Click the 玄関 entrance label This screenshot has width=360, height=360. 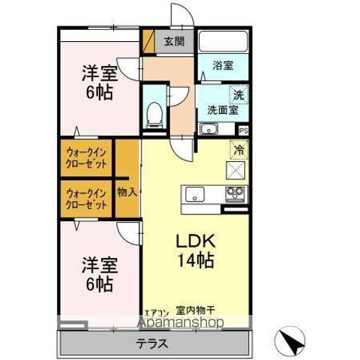click(175, 41)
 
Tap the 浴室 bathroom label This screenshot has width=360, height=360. click(222, 66)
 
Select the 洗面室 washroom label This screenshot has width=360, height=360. click(223, 110)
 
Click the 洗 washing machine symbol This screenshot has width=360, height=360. click(238, 94)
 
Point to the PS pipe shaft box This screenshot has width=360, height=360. click(242, 130)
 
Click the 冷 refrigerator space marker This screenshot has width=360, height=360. click(238, 150)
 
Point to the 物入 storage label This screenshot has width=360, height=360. click(127, 192)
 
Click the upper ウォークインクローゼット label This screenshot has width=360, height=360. click(86, 157)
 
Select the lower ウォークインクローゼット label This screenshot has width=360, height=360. click(86, 197)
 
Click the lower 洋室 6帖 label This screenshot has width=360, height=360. click(97, 274)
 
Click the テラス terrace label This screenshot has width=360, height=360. click(151, 343)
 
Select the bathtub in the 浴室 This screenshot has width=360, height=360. click(223, 43)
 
